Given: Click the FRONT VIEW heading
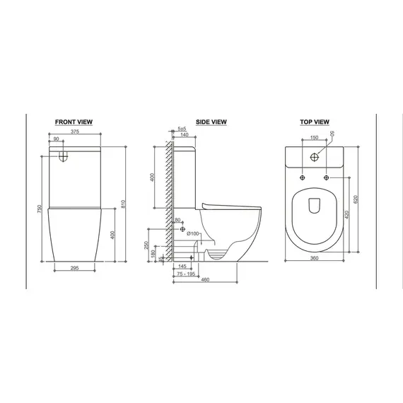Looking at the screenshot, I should tap(74, 122).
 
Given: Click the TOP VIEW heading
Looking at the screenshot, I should tap(315, 122).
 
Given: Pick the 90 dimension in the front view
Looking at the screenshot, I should tap(58, 139).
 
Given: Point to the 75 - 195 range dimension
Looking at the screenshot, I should tap(187, 273).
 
